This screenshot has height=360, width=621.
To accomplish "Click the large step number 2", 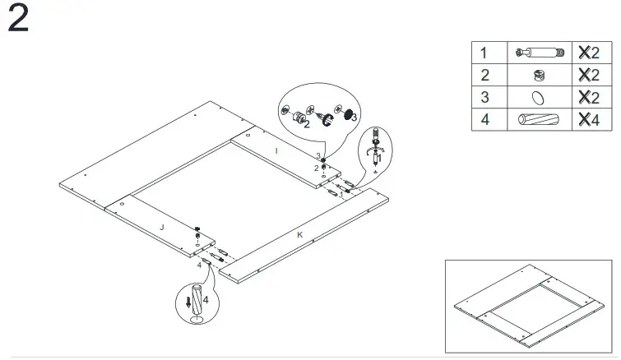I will click(x=18, y=21).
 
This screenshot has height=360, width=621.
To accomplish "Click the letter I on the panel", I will click(x=276, y=151).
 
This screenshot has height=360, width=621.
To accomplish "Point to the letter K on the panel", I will click(x=299, y=235).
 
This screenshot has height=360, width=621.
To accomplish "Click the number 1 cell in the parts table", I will click(x=484, y=53).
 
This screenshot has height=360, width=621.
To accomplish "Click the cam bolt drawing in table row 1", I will click(x=538, y=53).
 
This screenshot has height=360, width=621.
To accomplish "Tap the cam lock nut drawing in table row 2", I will click(x=538, y=75).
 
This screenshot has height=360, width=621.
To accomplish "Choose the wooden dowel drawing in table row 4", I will click(x=538, y=119).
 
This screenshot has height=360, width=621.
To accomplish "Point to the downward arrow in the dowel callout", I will click(x=189, y=302).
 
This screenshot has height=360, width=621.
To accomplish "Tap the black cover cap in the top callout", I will click(x=348, y=114).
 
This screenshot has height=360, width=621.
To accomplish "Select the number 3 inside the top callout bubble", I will click(x=355, y=118).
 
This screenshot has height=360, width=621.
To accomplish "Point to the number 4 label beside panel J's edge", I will click(x=199, y=265).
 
